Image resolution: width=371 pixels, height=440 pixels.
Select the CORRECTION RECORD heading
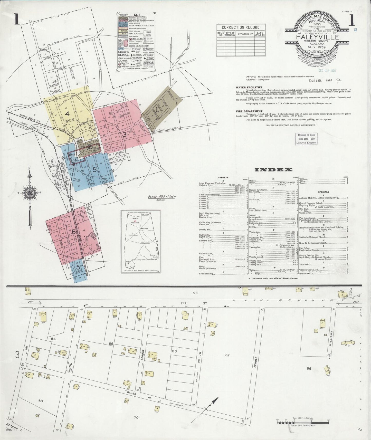(240, 27)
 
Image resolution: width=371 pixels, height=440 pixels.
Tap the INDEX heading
(273, 170)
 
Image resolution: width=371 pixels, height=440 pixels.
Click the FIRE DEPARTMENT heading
(248, 111)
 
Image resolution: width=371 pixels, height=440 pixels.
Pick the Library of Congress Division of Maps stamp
(306, 139)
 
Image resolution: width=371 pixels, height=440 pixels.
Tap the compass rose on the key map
(31, 193)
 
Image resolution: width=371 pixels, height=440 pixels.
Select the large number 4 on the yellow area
(67, 113)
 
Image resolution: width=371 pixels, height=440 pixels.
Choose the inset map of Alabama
(141, 242)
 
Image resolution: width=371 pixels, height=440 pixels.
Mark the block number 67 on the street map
(227, 355)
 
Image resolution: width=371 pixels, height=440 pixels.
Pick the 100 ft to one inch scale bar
(303, 420)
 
